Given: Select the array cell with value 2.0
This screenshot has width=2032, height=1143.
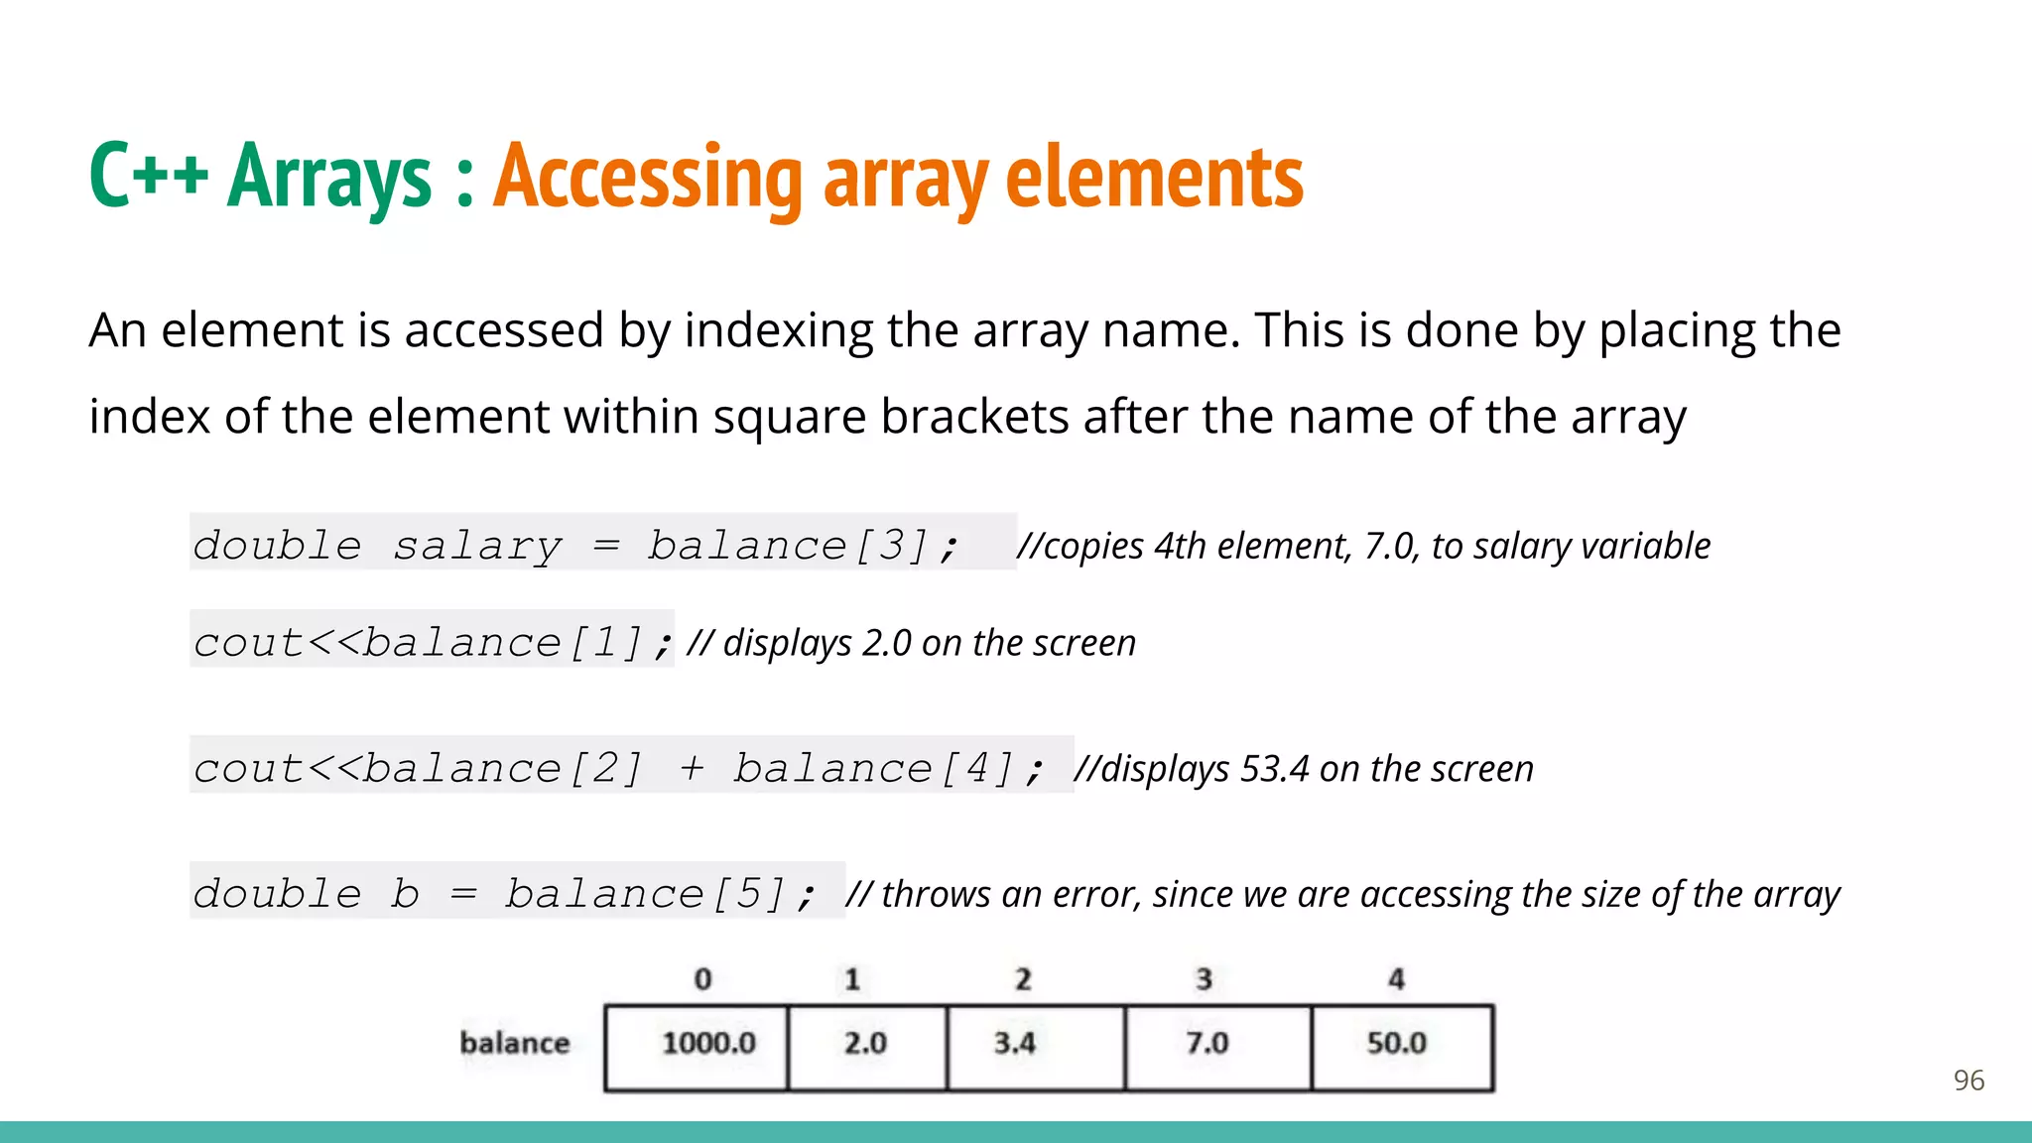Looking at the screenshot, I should [x=866, y=1047].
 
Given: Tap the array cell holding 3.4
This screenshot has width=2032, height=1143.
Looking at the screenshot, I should [x=1035, y=1047].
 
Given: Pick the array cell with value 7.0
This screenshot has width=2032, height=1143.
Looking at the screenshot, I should [x=1217, y=1047].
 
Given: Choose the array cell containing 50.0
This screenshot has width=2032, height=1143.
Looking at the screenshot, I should [x=1401, y=1047].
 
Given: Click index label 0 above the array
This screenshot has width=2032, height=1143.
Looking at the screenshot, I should [x=702, y=979].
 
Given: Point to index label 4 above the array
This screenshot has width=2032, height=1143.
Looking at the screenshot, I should [x=1396, y=979].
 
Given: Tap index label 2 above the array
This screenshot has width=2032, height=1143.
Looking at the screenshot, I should [x=1023, y=979].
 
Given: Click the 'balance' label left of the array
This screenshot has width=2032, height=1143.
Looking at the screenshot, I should [x=515, y=1043].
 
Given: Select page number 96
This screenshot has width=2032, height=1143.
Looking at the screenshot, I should [x=1968, y=1079].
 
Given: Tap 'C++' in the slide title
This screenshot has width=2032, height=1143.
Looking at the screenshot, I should [x=148, y=175].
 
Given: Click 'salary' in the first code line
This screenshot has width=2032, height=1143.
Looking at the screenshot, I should [x=477, y=546].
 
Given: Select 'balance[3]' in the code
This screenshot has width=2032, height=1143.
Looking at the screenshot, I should [x=788, y=546].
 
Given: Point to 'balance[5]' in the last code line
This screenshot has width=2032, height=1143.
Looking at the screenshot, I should [x=646, y=894].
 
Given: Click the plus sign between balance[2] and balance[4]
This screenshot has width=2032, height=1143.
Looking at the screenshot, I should [x=692, y=768].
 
